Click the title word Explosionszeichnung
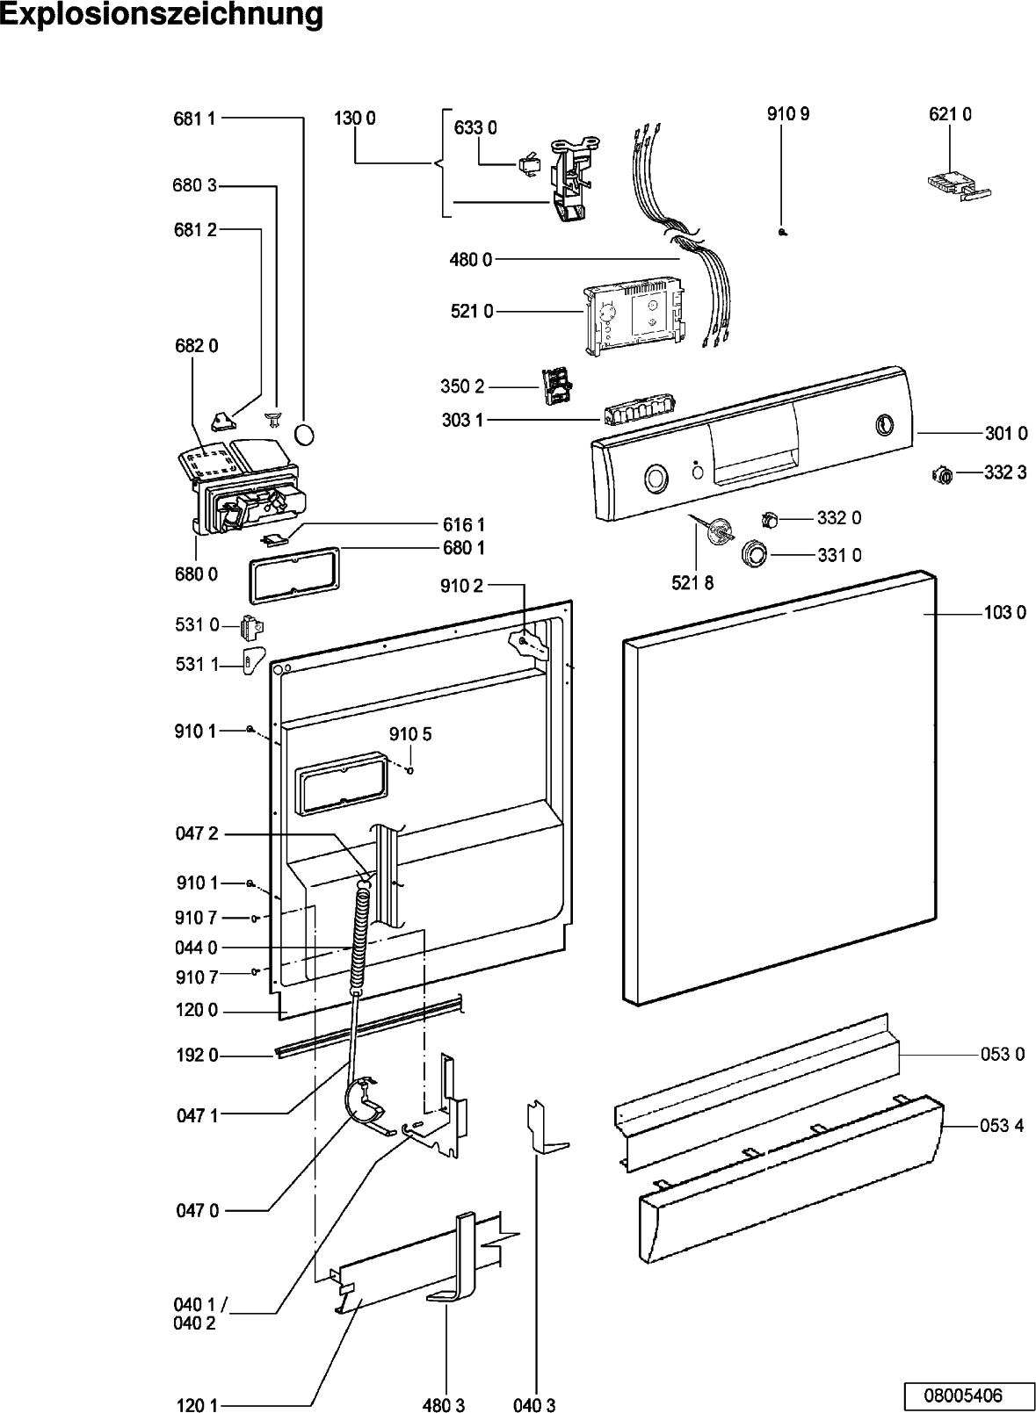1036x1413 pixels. tap(162, 15)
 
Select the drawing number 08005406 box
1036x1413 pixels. tap(962, 1394)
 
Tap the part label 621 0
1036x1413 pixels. tap(950, 114)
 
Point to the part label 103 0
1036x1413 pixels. tap(1004, 612)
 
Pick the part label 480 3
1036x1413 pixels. tap(444, 1405)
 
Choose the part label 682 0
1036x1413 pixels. tap(196, 346)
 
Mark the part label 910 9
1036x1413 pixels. tap(788, 114)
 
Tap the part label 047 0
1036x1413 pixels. tap(197, 1211)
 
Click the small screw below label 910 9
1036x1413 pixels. tap(782, 233)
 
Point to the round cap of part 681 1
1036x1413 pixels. tap(303, 435)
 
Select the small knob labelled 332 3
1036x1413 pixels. tap(943, 475)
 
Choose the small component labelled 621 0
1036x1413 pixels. tap(956, 184)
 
